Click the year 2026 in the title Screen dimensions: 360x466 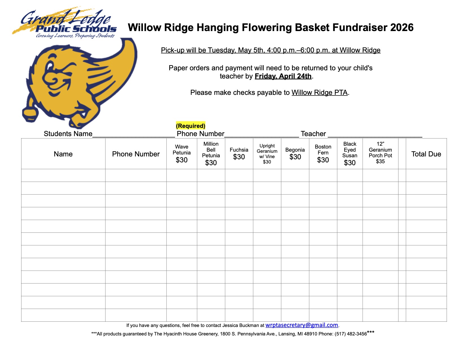[x=402, y=28]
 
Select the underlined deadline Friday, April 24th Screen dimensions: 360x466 [x=283, y=76]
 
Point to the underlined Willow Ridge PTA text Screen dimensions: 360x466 [x=319, y=93]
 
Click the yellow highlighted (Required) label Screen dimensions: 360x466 [x=191, y=126]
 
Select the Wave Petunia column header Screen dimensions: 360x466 [x=182, y=154]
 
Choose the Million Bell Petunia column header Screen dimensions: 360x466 [x=211, y=154]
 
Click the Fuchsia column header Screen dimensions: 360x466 [x=239, y=154]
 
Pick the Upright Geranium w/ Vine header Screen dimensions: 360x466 [x=267, y=154]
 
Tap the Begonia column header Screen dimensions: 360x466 [x=295, y=154]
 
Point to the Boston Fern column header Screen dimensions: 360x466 [x=323, y=154]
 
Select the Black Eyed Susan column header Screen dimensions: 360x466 [x=350, y=154]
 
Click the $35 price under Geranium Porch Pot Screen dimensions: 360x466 [x=380, y=162]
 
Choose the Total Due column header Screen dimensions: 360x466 [x=426, y=154]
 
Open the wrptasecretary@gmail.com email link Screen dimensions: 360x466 [x=302, y=325]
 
